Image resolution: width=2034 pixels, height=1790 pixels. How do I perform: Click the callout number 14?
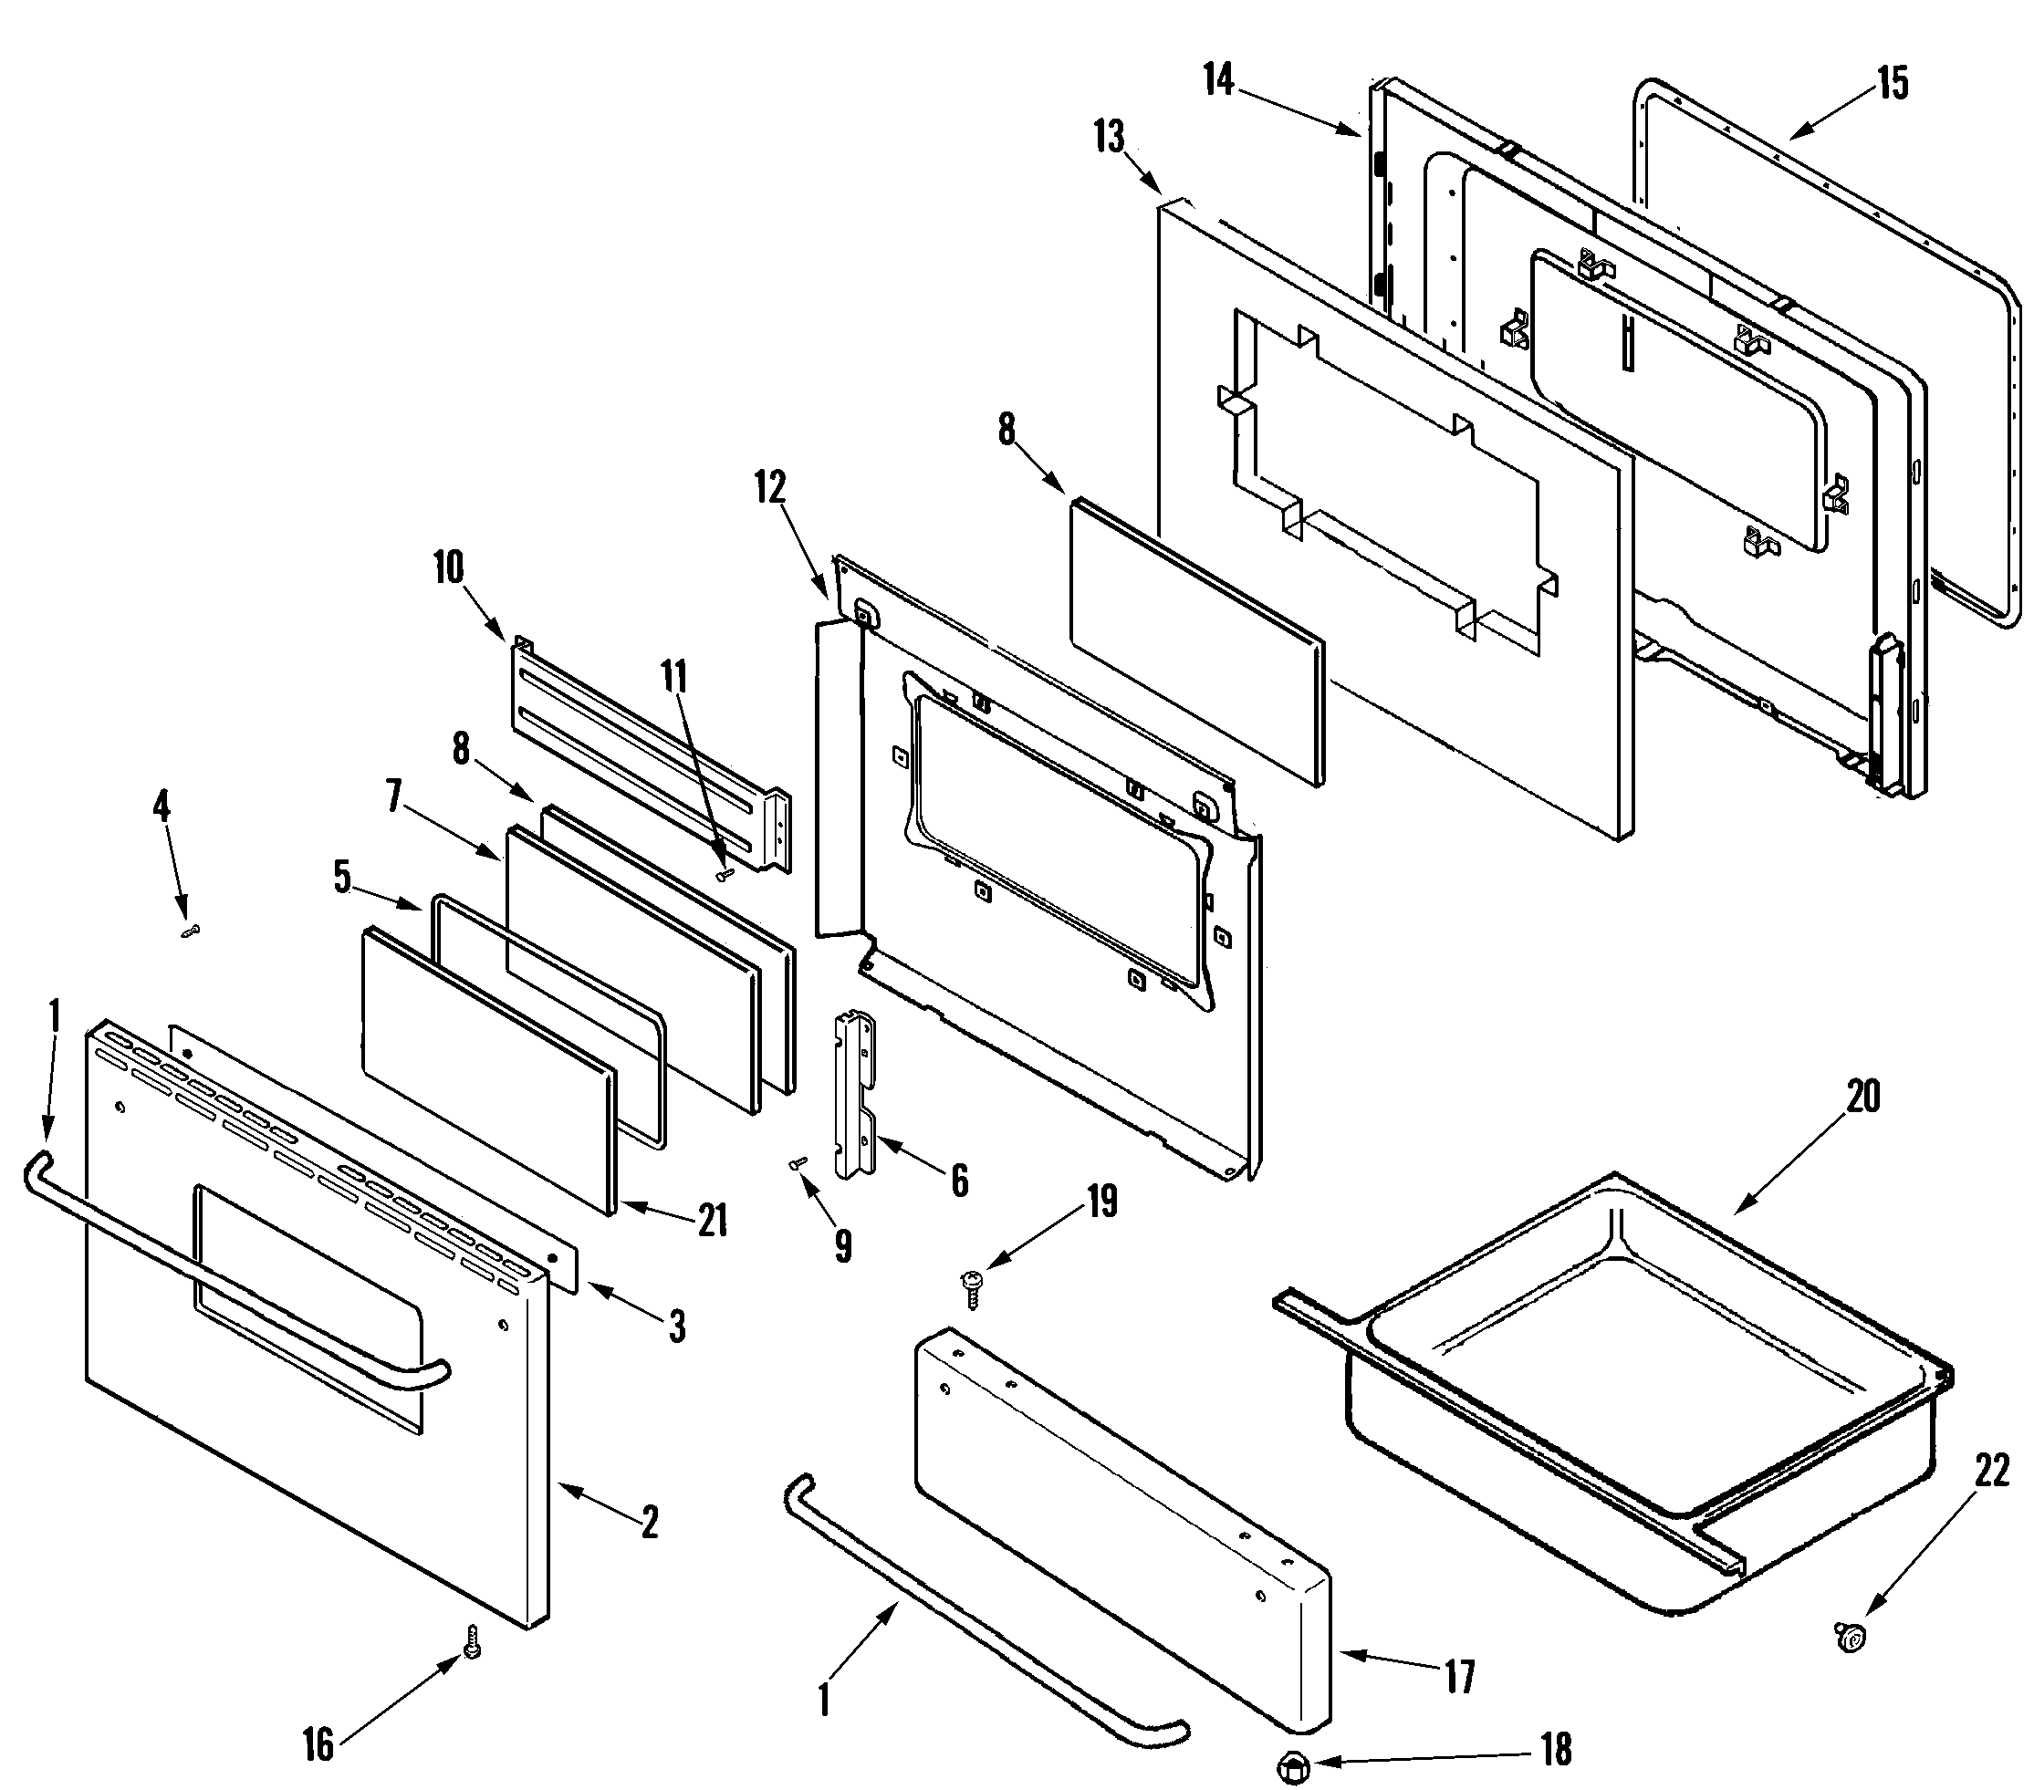tap(1218, 79)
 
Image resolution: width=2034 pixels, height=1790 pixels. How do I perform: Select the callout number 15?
tap(1893, 84)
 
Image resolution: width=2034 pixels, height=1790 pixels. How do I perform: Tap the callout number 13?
tap(1109, 138)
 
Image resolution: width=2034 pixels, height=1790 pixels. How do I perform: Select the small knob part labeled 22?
tap(1850, 1635)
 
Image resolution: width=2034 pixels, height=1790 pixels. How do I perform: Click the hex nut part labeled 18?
tap(1291, 1768)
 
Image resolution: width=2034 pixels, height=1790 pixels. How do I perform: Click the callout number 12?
tap(770, 487)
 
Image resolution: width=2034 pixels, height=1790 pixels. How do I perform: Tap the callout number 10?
tap(449, 568)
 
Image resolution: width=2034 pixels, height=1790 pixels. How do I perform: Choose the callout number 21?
tap(713, 1221)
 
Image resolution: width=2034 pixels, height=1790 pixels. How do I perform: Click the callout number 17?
tap(1459, 1678)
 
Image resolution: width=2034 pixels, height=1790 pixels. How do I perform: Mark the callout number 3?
tap(677, 1327)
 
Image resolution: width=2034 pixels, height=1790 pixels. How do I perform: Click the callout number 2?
tap(649, 1523)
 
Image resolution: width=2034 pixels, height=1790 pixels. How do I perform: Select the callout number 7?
tap(394, 796)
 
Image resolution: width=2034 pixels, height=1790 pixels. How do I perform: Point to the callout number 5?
tap(342, 878)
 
